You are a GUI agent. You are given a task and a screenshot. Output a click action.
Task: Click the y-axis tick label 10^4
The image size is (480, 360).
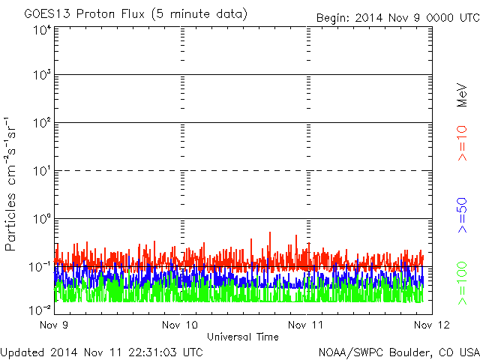tap(43, 31)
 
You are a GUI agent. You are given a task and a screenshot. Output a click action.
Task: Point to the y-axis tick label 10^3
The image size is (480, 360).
tap(43, 75)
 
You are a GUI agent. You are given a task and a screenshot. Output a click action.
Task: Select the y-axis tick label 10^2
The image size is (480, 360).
tap(43, 123)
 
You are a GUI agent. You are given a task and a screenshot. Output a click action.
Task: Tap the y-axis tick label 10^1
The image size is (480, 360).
tap(43, 171)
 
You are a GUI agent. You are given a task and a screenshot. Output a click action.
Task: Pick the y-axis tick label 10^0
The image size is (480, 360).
tap(43, 219)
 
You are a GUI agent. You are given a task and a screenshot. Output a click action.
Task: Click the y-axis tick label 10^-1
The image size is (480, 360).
tap(40, 267)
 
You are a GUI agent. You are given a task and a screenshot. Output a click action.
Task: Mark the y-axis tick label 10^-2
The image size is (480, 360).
tap(40, 310)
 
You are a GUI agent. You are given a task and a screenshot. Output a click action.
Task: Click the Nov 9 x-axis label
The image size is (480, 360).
tap(54, 325)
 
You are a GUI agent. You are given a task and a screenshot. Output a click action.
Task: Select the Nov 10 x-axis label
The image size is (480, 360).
tap(180, 325)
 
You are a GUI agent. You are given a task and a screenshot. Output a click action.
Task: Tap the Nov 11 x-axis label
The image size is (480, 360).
tap(305, 325)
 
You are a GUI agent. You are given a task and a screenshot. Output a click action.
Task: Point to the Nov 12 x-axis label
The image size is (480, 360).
tap(432, 325)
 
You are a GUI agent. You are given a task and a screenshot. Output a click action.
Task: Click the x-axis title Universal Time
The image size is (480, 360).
tap(243, 337)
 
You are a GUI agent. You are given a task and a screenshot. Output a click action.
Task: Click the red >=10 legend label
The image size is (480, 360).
tap(462, 143)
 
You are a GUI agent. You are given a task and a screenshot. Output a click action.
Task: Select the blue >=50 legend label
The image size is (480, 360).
tap(462, 215)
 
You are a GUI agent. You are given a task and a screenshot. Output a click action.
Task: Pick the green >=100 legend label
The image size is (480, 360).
tap(462, 283)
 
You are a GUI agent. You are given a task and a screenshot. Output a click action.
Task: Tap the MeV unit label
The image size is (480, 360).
tap(462, 95)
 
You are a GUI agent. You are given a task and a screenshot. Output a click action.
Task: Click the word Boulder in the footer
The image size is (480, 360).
tap(407, 352)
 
